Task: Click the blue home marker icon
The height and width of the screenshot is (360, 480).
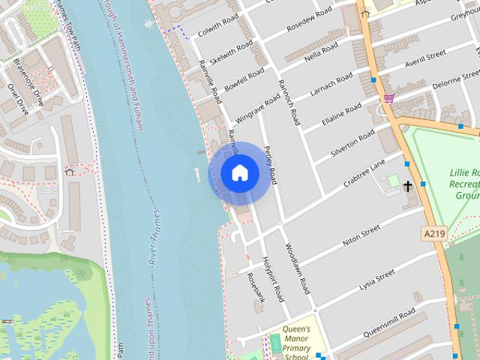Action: point(240,173)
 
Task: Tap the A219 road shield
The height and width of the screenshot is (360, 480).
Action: point(434,234)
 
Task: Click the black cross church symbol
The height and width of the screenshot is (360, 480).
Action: point(409,184)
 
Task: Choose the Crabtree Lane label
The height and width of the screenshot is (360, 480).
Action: point(364,174)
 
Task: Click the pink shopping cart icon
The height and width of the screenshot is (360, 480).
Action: point(388,98)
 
